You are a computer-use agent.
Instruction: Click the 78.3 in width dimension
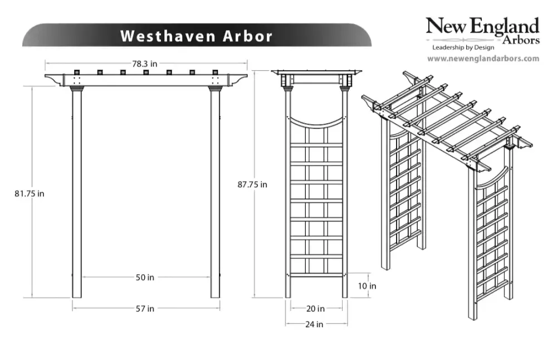(145, 64)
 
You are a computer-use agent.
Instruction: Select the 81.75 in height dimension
(30, 194)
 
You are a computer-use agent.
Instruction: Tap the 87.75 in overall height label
(252, 184)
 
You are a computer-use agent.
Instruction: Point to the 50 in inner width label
(145, 277)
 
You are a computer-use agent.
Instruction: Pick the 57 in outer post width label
(145, 309)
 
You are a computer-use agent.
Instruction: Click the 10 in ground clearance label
(367, 286)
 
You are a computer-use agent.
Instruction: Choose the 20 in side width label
(315, 309)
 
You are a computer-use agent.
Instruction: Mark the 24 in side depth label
(314, 324)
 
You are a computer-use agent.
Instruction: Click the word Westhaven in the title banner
(168, 36)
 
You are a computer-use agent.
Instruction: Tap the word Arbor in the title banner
(248, 36)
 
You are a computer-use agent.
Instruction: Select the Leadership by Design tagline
(463, 47)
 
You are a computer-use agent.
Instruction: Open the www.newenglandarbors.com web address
(483, 59)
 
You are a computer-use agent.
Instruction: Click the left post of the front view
(77, 194)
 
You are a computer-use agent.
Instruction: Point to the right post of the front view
(215, 194)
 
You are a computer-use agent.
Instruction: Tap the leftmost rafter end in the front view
(77, 72)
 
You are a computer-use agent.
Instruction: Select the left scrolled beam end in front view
(54, 80)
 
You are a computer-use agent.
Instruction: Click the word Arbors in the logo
(521, 40)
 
